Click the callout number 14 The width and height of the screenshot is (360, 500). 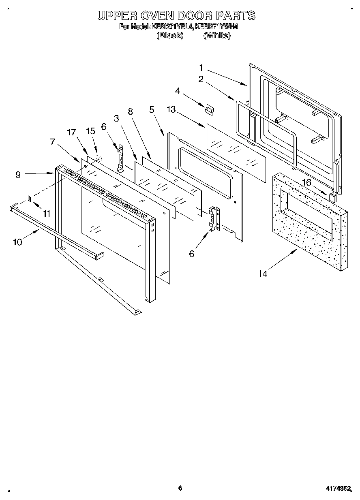pyautogui.click(x=263, y=274)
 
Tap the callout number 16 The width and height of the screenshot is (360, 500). pyautogui.click(x=306, y=183)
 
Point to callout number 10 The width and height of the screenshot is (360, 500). pyautogui.click(x=17, y=242)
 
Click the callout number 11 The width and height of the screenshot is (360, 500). pyautogui.click(x=47, y=214)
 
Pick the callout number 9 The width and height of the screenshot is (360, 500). pyautogui.click(x=18, y=175)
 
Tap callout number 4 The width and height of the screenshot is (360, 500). pyautogui.click(x=178, y=91)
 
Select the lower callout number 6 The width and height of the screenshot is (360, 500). pyautogui.click(x=192, y=254)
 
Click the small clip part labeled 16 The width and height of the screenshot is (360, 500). pyautogui.click(x=333, y=197)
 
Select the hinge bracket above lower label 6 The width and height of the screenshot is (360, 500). pyautogui.click(x=214, y=219)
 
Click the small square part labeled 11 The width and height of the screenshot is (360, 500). pyautogui.click(x=29, y=199)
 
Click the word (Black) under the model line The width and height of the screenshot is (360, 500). pyautogui.click(x=170, y=35)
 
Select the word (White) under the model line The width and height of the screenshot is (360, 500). pyautogui.click(x=217, y=35)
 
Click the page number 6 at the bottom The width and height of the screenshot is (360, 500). pyautogui.click(x=180, y=488)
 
